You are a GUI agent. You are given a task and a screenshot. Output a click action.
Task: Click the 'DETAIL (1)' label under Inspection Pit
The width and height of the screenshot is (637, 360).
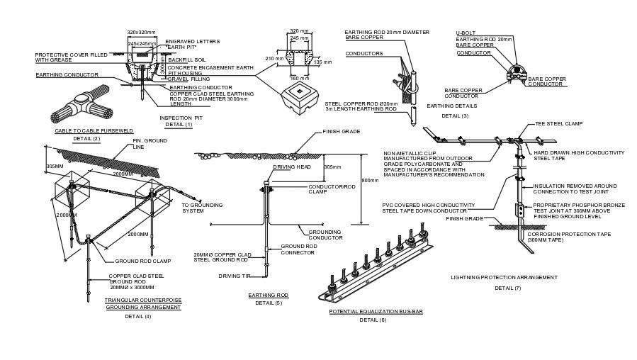tap(179, 124)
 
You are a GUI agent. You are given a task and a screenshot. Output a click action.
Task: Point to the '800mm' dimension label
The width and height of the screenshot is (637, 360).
tap(370, 181)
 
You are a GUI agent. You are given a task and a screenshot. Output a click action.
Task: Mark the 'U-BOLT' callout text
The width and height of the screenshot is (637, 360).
tap(464, 33)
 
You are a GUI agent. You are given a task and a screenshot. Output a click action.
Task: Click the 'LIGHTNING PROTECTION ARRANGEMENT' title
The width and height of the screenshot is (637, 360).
tap(504, 277)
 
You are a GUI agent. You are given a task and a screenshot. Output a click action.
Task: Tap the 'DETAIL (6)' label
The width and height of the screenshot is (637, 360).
tap(373, 320)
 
